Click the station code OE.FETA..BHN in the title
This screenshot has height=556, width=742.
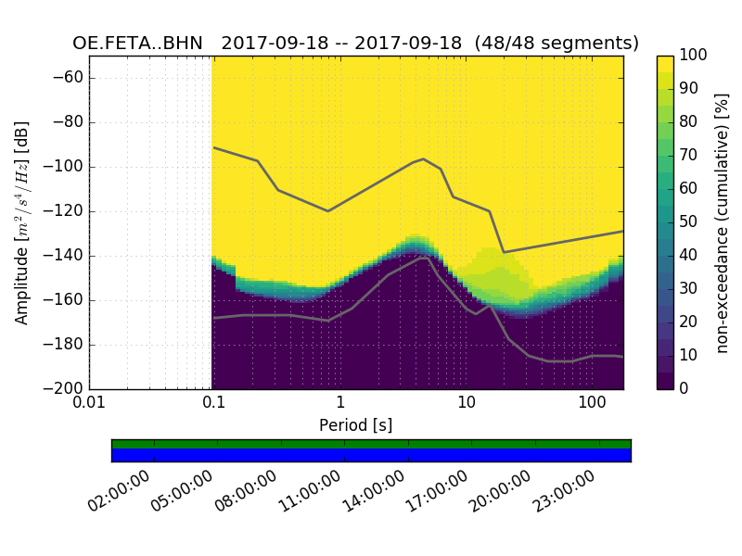pyautogui.click(x=138, y=44)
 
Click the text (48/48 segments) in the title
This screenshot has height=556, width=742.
pyautogui.click(x=569, y=44)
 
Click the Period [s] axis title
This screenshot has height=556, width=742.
pyautogui.click(x=355, y=425)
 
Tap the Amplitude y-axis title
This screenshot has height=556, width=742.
pyautogui.click(x=22, y=222)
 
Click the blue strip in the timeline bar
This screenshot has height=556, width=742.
pyautogui.click(x=371, y=455)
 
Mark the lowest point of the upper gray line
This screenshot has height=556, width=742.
pyautogui.click(x=504, y=252)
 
